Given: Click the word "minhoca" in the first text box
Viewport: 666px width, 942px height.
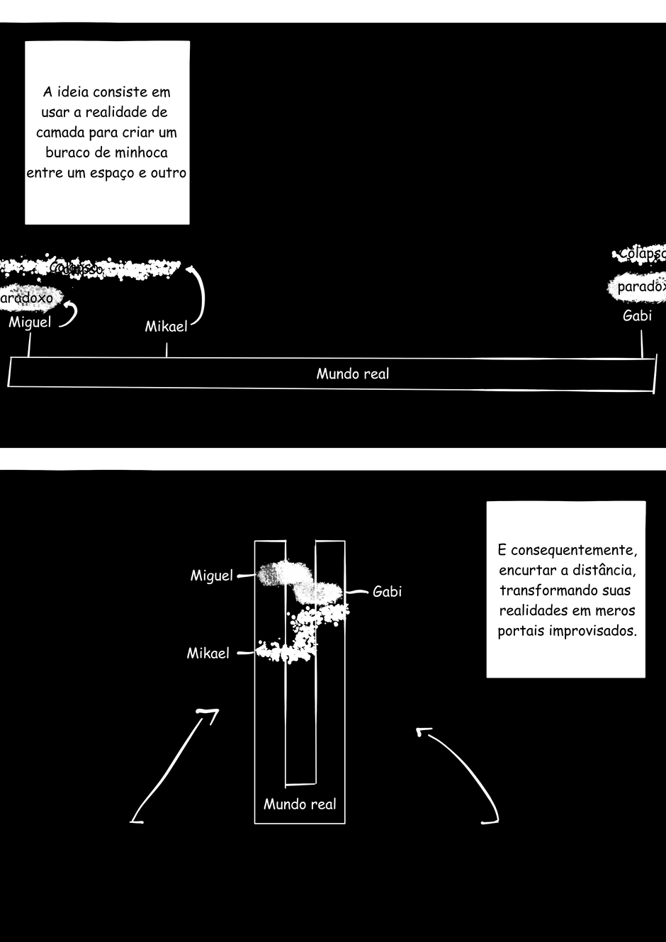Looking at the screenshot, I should click(x=141, y=152).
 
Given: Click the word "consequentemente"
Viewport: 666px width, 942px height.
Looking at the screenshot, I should click(x=573, y=551).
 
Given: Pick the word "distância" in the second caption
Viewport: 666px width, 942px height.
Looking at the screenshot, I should click(x=604, y=571).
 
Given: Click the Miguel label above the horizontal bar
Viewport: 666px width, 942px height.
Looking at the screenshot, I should click(x=30, y=323).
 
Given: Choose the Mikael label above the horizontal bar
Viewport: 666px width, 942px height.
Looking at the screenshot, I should click(x=166, y=327).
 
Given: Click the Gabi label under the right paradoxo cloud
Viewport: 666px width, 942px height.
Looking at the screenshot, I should click(x=637, y=316).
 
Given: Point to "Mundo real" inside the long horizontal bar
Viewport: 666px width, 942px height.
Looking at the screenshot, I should click(x=352, y=374).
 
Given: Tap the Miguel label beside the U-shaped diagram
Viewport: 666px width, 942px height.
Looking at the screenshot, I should click(x=211, y=576).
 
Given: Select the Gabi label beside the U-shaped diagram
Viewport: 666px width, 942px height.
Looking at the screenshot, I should click(x=387, y=592).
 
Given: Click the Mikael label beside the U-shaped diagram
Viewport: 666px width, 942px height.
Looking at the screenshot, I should click(x=208, y=654).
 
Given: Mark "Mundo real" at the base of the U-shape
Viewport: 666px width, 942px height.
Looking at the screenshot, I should click(x=300, y=804).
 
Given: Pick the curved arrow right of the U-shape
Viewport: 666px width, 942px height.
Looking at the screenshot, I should click(x=464, y=773).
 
